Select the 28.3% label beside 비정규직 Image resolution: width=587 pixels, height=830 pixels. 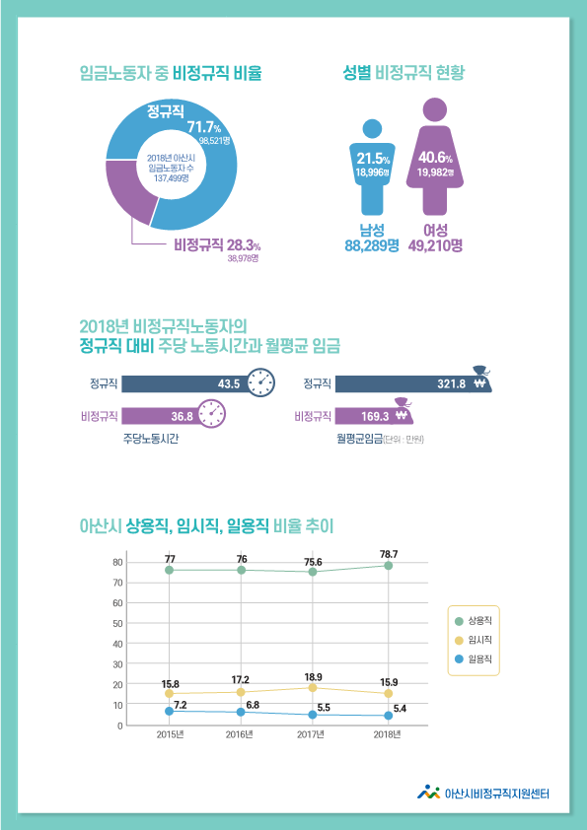[x=243, y=244]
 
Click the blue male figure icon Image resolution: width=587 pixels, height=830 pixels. [x=372, y=168]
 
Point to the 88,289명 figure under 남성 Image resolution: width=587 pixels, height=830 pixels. [x=371, y=244]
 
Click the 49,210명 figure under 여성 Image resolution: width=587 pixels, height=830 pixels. [x=435, y=244]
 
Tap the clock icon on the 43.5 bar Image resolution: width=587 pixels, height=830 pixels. [x=260, y=382]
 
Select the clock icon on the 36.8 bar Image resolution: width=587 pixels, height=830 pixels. [x=211, y=415]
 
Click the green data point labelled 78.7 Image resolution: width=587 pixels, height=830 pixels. [x=389, y=566]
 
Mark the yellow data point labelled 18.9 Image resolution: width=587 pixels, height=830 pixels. [x=313, y=688]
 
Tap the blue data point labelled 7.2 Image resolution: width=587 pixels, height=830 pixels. [x=170, y=711]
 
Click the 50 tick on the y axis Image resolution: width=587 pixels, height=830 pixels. [x=117, y=623]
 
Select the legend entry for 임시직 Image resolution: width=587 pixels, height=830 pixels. [x=473, y=639]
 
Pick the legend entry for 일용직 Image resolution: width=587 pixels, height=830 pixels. [x=473, y=658]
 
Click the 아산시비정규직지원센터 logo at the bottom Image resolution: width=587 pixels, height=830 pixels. [x=483, y=792]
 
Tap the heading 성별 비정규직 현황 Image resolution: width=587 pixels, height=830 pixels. [x=404, y=73]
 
